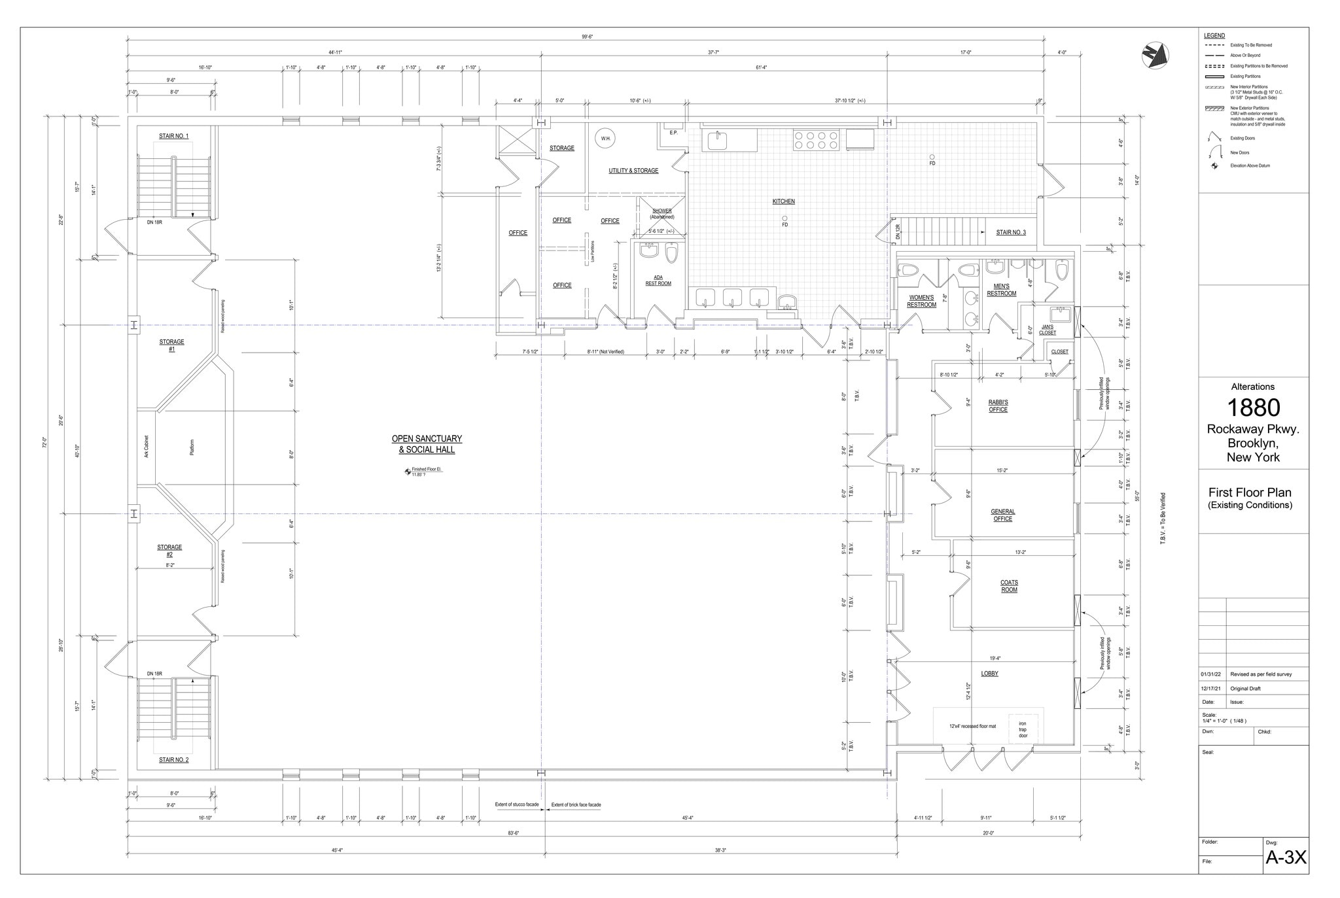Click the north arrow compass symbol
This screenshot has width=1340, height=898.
[1155, 56]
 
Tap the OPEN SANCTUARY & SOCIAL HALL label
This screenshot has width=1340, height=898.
[427, 444]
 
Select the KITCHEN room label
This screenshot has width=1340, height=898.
[783, 201]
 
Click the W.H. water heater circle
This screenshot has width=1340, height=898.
[606, 139]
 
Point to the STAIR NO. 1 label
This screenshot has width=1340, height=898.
[173, 136]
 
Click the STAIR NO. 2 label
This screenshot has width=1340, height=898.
[173, 760]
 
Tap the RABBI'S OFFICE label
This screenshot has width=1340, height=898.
[998, 406]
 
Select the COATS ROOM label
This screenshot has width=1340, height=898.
[1009, 586]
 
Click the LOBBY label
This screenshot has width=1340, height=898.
[989, 674]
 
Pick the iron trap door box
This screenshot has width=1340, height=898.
[1023, 729]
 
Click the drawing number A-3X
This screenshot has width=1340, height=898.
[1286, 857]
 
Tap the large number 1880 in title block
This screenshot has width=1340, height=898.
[1253, 407]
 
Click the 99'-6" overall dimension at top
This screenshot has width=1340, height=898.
[588, 37]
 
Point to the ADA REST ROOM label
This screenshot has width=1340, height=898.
[658, 281]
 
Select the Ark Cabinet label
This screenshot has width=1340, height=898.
[147, 447]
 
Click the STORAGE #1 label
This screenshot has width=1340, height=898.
[171, 345]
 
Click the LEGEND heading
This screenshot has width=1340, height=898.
[1214, 36]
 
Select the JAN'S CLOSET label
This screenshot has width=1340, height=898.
[1047, 330]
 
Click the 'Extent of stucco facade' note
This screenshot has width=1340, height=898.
[516, 804]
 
